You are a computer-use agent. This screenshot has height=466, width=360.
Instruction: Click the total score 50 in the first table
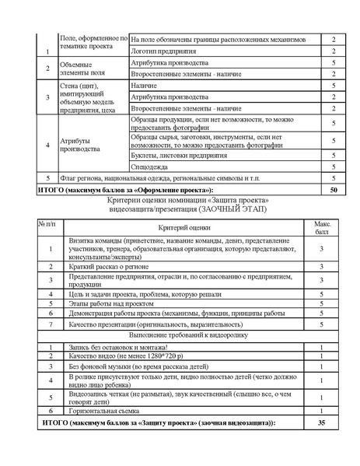(333, 189)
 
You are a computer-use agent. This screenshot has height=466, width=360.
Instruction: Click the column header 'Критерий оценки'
(184, 226)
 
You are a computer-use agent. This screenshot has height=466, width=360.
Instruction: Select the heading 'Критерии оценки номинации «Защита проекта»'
(183, 200)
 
